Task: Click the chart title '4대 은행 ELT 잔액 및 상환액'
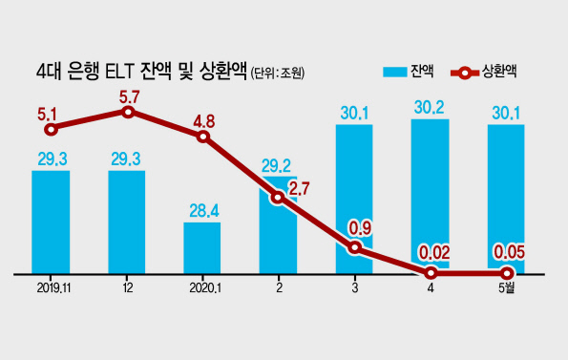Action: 141,72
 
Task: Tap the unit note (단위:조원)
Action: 278,74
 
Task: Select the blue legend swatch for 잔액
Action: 395,72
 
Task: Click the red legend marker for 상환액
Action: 465,74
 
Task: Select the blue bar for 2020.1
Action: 202,247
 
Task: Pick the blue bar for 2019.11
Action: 51,222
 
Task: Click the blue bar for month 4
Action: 430,196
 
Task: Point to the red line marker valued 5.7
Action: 128,113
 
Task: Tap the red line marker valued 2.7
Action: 278,198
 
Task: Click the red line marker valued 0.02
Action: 431,273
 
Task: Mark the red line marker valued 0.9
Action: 355,247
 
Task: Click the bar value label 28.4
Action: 204,211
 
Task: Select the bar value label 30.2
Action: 430,108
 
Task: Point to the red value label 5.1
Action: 47,115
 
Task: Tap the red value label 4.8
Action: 204,121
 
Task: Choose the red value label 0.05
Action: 510,253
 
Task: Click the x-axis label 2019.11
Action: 53,288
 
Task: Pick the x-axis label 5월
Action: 506,287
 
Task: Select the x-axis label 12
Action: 128,288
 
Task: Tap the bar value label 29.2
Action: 277,166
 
